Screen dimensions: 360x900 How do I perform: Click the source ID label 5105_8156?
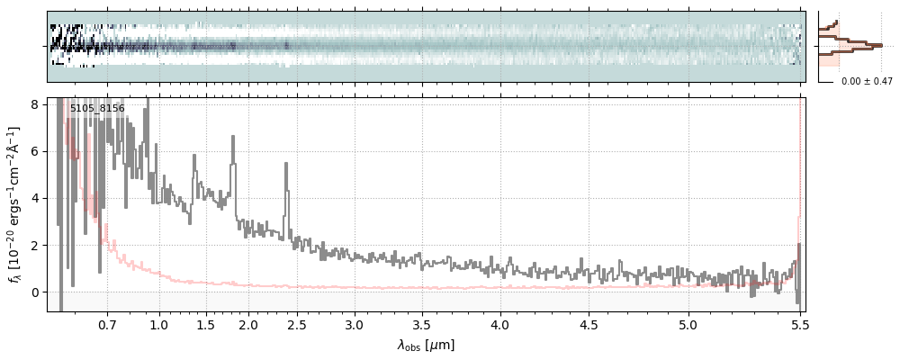[x=97, y=109]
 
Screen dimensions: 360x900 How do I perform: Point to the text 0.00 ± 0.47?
[x=867, y=81]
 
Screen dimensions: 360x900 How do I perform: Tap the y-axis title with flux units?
[x=15, y=204]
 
